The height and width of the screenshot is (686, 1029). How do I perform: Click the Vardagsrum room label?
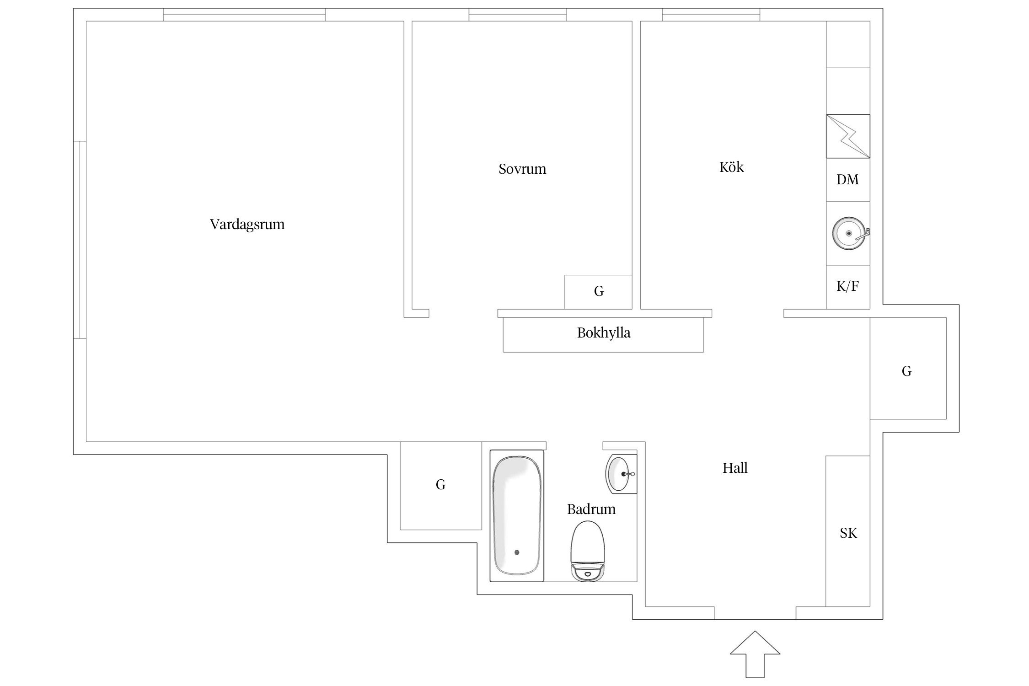247,225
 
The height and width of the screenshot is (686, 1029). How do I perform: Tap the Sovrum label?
522,169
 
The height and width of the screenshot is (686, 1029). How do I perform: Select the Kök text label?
731,167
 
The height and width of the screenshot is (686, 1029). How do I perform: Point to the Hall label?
735,468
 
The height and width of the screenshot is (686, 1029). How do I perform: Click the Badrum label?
591,509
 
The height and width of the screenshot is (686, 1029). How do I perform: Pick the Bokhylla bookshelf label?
604,333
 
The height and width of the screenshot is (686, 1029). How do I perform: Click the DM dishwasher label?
847,180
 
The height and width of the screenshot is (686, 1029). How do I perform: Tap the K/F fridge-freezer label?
847,286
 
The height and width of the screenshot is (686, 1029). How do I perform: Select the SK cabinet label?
848,533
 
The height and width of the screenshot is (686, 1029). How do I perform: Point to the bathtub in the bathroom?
517,516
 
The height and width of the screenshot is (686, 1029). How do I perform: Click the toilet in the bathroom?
588,551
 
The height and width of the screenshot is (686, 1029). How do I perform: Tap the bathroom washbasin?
621,474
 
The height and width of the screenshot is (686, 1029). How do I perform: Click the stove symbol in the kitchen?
848,136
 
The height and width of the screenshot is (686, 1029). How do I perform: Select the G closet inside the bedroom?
598,292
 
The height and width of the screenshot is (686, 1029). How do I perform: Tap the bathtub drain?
517,552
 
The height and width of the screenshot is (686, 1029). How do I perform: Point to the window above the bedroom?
518,15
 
